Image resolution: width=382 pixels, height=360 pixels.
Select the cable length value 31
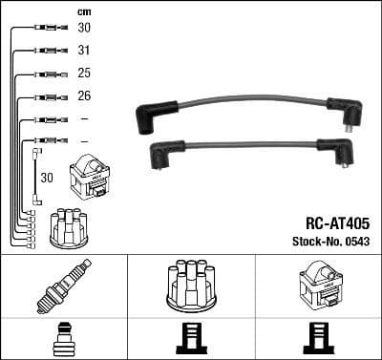(83, 51)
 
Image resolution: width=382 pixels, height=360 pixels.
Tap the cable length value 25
(83, 74)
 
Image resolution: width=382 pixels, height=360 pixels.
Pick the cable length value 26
(83, 96)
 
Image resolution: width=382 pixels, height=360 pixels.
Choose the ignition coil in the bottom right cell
(319, 284)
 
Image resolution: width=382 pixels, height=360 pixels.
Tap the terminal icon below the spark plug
(64, 339)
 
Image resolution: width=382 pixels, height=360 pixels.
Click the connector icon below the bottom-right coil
(319, 339)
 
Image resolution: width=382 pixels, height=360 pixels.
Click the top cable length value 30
(83, 28)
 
